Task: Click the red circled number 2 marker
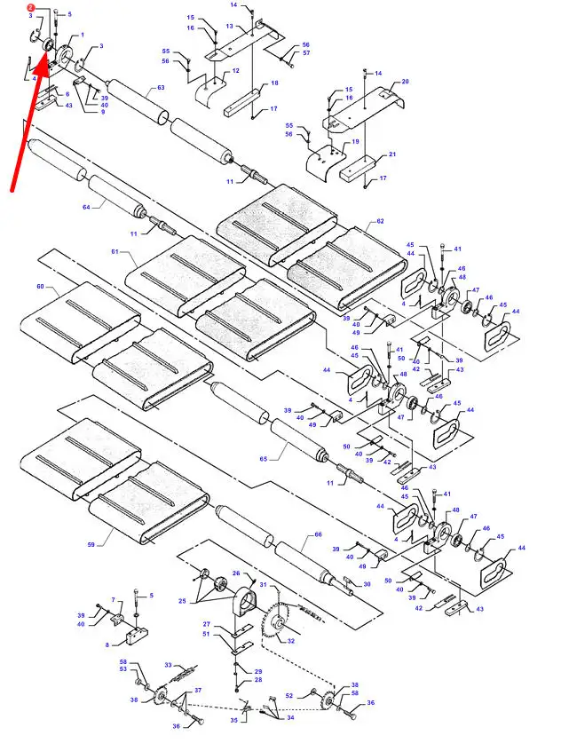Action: point(30,7)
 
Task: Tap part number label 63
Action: point(161,88)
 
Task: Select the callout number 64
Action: point(87,208)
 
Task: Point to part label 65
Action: point(264,458)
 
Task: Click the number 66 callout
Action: point(317,535)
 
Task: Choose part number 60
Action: point(40,287)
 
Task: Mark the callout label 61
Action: point(115,252)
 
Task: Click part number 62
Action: point(380,221)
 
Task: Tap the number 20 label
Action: point(405,82)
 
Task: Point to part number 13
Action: point(228,27)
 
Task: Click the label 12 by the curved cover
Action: point(235,70)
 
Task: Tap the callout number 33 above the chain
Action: point(168,665)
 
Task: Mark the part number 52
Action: point(288,696)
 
